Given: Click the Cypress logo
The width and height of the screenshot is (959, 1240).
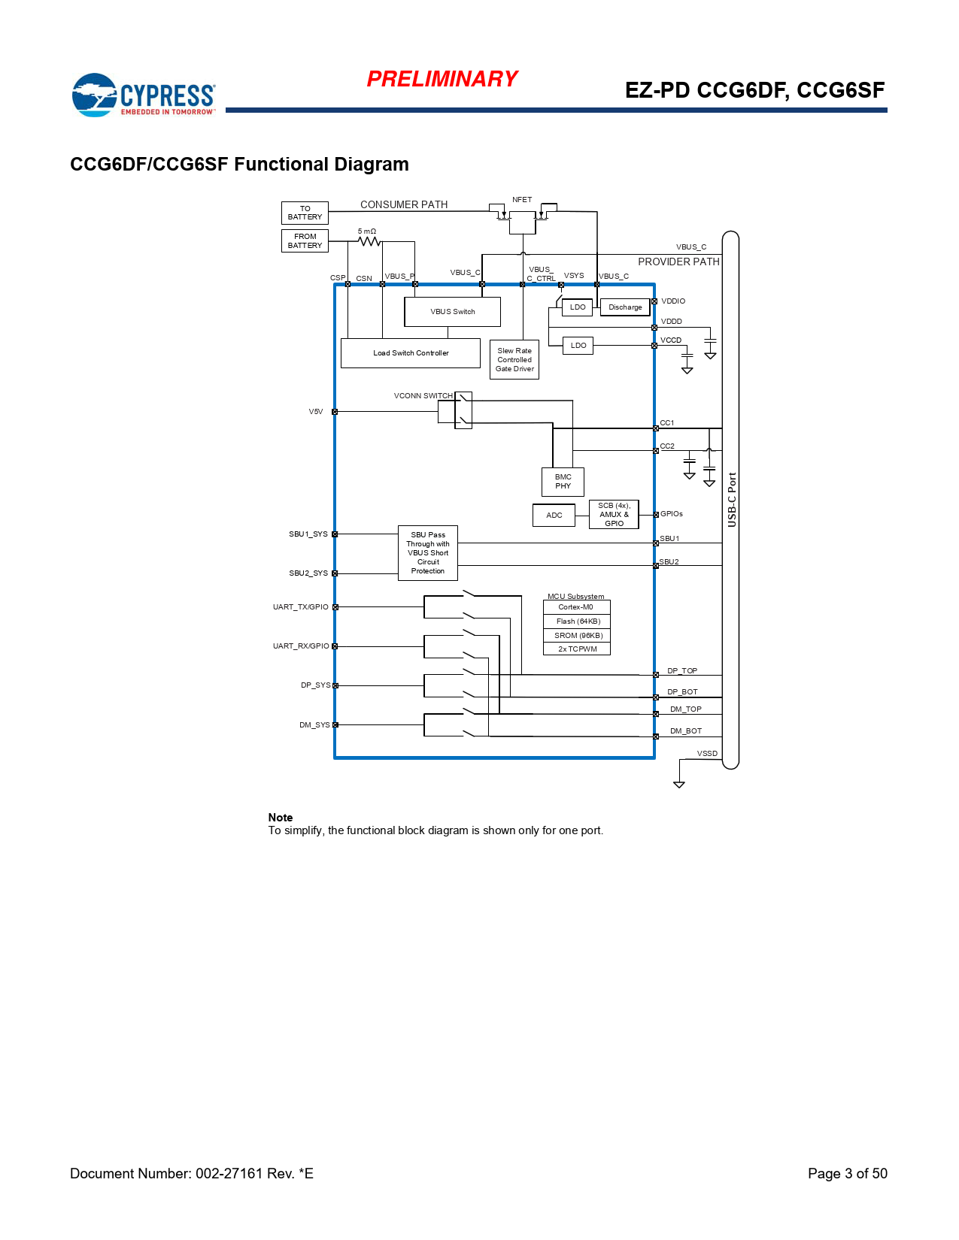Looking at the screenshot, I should coord(143,95).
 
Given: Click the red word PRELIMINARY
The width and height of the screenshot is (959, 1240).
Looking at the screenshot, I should coord(442,79).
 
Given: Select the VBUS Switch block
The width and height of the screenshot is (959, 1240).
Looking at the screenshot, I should coord(452,312).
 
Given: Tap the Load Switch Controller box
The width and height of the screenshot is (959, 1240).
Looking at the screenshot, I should coord(411,353).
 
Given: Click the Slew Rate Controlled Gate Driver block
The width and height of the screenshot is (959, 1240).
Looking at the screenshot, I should coord(514,360).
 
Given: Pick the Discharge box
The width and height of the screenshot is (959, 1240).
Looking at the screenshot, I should coord(625,307).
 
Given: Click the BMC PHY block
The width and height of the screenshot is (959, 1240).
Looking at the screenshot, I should coord(563,482).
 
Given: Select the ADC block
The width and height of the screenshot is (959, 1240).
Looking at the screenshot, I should coord(554,516).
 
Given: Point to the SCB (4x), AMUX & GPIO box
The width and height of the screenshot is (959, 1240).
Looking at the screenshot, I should coord(614,515).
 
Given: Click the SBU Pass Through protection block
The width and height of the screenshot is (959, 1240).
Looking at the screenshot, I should coord(428,553).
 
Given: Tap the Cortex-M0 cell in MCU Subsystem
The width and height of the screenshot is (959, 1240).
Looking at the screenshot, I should coord(576,607).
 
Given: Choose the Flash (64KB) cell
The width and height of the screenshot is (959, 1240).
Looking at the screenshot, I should coord(578,622).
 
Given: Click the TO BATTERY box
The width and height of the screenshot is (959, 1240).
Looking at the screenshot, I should coord(305,213).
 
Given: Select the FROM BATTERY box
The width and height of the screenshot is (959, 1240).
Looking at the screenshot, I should coord(305,241).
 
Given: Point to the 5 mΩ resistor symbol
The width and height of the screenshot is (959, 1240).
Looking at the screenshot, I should coord(369,241).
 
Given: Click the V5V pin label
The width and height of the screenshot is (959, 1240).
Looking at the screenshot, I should coord(316,412).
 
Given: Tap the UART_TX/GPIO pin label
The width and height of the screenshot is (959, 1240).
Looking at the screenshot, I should coord(301,607).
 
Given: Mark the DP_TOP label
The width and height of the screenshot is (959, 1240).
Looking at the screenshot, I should coord(682,671).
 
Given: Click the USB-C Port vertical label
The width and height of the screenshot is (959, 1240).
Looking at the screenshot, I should coord(732,500).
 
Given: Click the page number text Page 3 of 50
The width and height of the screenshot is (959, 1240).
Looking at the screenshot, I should coord(847,1174).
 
